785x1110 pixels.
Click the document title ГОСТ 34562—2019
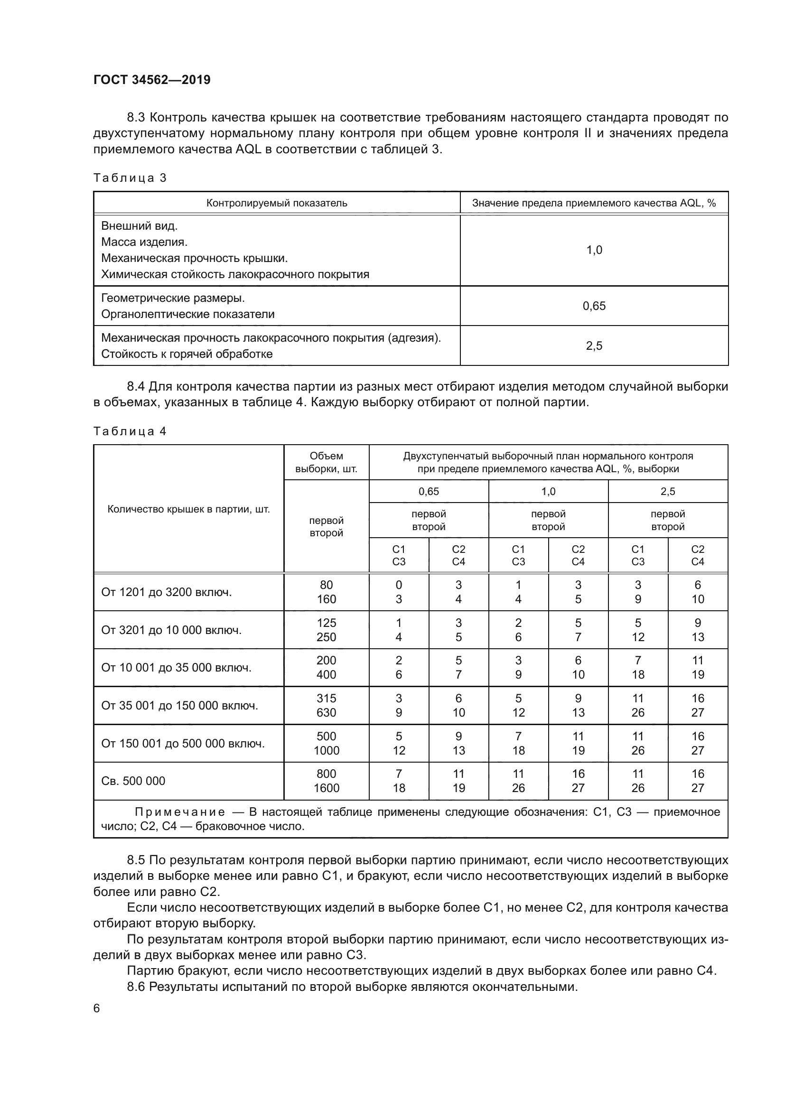pyautogui.click(x=152, y=80)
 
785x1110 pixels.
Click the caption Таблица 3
pyautogui.click(x=130, y=178)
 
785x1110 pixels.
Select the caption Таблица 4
pyautogui.click(x=130, y=431)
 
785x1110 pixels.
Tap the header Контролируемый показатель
pyautogui.click(x=277, y=203)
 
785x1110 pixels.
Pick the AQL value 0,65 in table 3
pyautogui.click(x=594, y=306)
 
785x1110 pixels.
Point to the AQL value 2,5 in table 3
pyautogui.click(x=594, y=345)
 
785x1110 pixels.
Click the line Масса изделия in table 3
pyautogui.click(x=144, y=242)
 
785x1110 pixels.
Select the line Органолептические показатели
pyautogui.click(x=187, y=314)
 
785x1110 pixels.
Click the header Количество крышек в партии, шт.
pyautogui.click(x=188, y=509)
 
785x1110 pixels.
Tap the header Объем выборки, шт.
pyautogui.click(x=326, y=463)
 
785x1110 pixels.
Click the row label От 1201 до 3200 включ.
pyautogui.click(x=166, y=592)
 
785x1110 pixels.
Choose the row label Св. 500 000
pyautogui.click(x=133, y=781)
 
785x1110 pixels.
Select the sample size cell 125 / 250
pyautogui.click(x=326, y=630)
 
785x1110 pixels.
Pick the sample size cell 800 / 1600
pyautogui.click(x=326, y=781)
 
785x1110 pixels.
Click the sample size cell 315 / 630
pyautogui.click(x=326, y=705)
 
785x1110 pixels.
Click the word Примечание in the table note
pyautogui.click(x=180, y=812)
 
